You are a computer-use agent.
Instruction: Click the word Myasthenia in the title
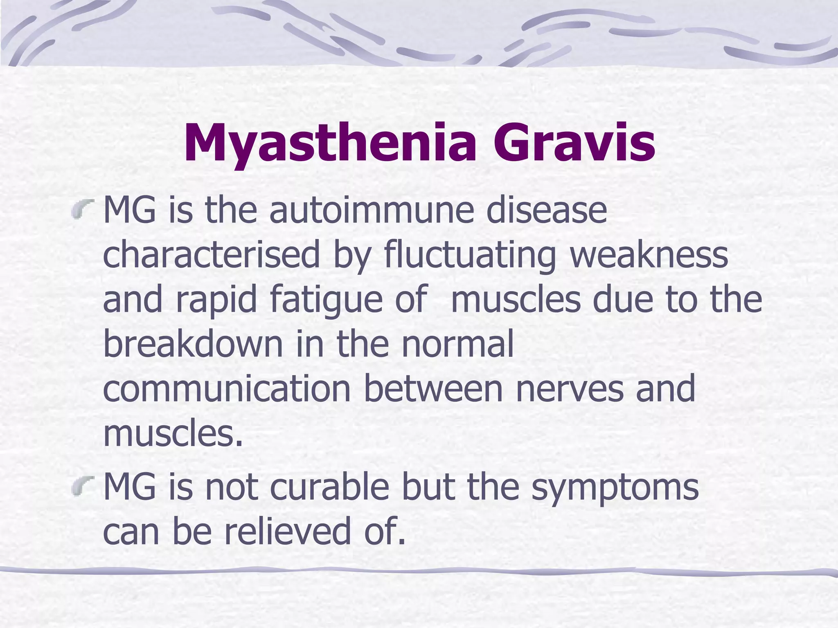click(330, 143)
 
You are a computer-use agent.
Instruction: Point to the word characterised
click(211, 255)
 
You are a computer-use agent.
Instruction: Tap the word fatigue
click(326, 300)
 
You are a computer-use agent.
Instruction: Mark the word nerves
click(570, 389)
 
